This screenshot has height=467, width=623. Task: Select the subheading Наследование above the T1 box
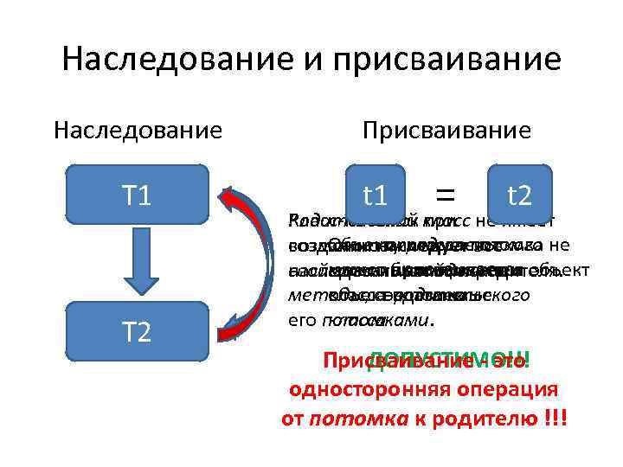[x=138, y=131]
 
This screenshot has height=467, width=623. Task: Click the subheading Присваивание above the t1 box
[x=446, y=131]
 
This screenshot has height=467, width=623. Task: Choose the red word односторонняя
[x=372, y=390]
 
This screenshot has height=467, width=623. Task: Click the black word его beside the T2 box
[x=297, y=321]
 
